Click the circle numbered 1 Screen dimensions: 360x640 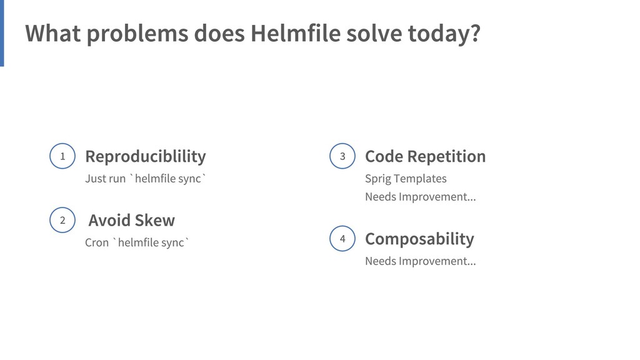tap(62, 156)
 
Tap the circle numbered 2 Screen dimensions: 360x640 tap(62, 220)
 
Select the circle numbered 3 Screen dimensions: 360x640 tap(342, 156)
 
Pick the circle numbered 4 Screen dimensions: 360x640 tap(342, 238)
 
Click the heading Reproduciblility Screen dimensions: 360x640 tap(145, 156)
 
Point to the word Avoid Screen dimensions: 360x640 tap(109, 220)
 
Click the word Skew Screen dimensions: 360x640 tap(155, 220)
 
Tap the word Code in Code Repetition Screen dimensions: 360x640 tap(384, 156)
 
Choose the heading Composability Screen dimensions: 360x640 tap(419, 239)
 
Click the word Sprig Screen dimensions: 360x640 tap(378, 179)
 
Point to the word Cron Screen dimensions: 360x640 tap(97, 242)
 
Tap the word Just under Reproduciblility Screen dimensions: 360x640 tap(96, 179)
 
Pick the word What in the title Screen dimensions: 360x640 tap(52, 34)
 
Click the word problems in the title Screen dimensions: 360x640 tap(137, 34)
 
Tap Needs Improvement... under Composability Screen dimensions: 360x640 tap(420, 261)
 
